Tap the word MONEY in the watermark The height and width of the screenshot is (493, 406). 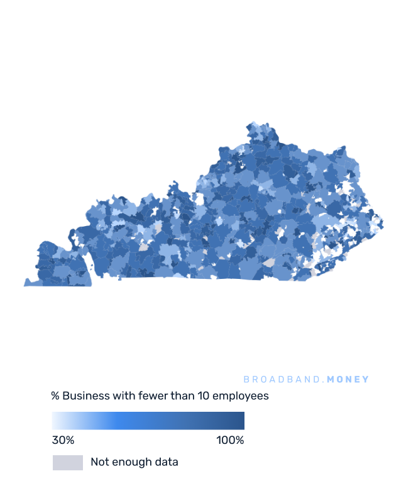coord(348,380)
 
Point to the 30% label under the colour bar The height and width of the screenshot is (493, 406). coord(63,439)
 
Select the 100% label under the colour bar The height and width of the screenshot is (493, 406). coord(230,439)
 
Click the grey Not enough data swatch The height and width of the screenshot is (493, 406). coord(67,462)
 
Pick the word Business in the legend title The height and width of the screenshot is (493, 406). coord(87,396)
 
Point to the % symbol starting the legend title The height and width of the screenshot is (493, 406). coord(55,396)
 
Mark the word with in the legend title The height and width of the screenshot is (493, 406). coord(124,396)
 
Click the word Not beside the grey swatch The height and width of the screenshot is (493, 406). coord(99,462)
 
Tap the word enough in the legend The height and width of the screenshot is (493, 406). coord(130,462)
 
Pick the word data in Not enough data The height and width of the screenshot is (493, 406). coord(166,462)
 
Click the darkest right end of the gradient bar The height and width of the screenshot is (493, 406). coord(242,421)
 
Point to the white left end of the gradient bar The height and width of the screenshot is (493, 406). coord(54,421)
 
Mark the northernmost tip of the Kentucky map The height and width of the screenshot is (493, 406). coord(253,122)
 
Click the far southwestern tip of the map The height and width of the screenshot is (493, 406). coord(25,285)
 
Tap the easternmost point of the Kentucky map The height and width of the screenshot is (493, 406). coord(383,223)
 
